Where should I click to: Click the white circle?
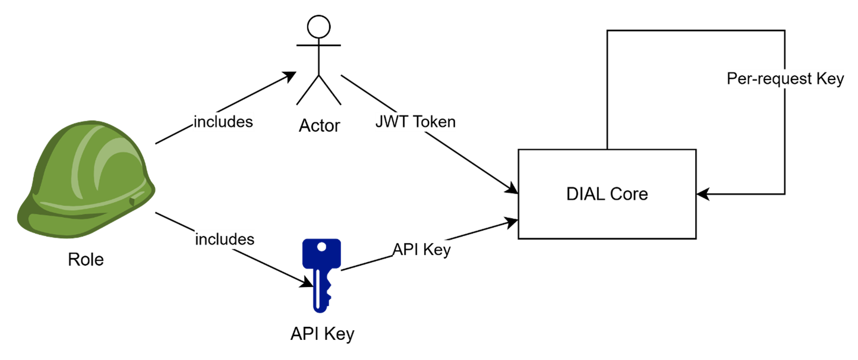point(318,27)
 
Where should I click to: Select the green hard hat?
point(86,178)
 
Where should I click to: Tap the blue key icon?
point(321,273)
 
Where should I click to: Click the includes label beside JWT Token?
point(223,122)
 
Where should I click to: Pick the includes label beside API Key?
point(225,239)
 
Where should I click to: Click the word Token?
point(434,122)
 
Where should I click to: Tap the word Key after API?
point(438,250)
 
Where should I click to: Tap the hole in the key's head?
point(321,247)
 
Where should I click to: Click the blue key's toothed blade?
point(321,291)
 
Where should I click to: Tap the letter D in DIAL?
point(572,194)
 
